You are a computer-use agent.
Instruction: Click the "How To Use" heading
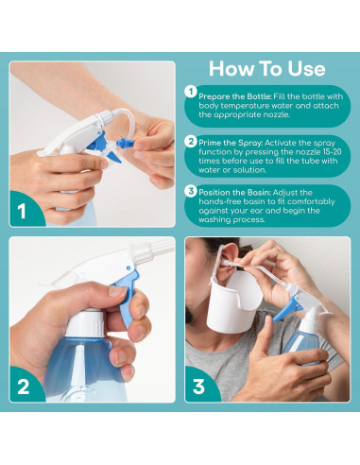pos(267,68)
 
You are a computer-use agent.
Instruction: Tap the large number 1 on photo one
pos(22,212)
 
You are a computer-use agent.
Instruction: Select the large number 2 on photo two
pos(23,387)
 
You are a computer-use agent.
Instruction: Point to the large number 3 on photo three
pos(198,387)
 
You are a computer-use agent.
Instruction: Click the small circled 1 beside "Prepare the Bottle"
pos(190,92)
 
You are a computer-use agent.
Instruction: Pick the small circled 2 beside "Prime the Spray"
pos(191,141)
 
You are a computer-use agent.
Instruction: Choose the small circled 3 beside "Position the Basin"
pos(191,191)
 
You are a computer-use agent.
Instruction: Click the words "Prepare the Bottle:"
pos(235,96)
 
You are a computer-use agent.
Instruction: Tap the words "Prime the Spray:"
pos(231,143)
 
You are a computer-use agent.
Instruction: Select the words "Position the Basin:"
pos(234,193)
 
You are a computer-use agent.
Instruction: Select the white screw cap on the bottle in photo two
pos(84,323)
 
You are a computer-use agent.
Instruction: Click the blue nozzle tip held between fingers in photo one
pos(125,144)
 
